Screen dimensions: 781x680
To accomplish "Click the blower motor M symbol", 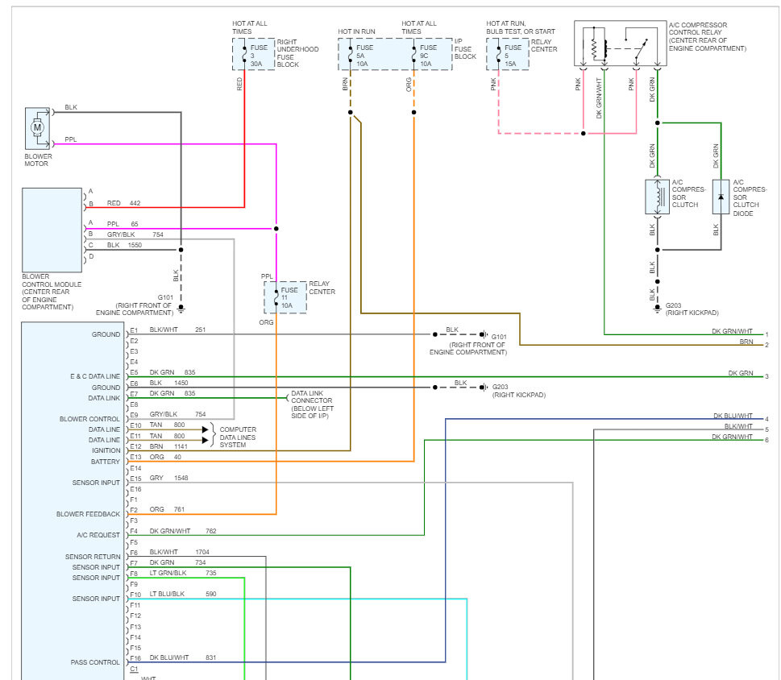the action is [37, 127].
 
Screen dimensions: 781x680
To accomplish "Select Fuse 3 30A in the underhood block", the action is [254, 54].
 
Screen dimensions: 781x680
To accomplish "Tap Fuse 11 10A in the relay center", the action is [285, 297].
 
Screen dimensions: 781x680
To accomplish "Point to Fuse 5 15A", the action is [508, 54].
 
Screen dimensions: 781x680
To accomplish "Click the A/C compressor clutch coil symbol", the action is [658, 197].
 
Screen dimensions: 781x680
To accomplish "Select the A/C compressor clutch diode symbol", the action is [721, 197].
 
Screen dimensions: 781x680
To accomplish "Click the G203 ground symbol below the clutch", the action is [658, 309].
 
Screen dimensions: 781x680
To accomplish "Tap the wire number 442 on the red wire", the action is [135, 203].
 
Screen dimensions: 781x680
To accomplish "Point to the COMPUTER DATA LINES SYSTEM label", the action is [238, 437].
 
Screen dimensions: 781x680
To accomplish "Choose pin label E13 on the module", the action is [136, 457].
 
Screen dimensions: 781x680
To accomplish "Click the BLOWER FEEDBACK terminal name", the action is [88, 514].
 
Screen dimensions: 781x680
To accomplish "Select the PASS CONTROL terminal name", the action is [95, 662].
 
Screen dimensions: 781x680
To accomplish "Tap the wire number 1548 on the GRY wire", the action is [181, 478].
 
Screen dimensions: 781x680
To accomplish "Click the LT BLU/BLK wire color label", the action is [167, 594].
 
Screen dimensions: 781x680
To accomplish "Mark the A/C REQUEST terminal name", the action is [98, 535].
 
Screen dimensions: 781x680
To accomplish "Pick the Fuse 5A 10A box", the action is [360, 54].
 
